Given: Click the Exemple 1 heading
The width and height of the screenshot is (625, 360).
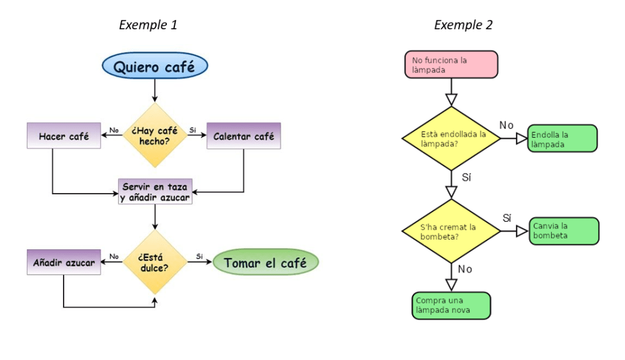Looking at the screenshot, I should (148, 25).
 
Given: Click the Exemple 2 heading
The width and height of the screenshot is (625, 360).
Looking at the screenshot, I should (463, 25).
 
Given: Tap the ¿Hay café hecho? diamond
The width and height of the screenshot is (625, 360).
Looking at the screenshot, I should (155, 136).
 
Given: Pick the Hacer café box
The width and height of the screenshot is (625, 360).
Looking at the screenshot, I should (64, 136).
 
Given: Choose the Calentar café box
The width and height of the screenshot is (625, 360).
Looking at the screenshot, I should (243, 136).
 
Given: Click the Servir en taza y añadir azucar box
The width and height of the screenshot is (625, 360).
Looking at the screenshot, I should (155, 191).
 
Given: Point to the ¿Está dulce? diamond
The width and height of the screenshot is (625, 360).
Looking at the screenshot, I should (155, 263).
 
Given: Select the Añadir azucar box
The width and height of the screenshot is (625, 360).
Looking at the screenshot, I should (64, 263).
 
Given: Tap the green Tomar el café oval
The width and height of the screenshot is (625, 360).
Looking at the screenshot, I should (266, 263).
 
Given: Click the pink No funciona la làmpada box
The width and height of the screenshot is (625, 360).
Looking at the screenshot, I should (451, 64).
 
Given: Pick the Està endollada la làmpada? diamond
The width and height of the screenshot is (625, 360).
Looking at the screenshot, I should (451, 138).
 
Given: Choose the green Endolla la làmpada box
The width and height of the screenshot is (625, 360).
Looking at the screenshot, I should (562, 138).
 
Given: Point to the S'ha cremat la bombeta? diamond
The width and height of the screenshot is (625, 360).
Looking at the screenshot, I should (451, 230).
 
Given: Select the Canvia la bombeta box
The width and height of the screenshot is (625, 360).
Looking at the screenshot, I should (564, 230).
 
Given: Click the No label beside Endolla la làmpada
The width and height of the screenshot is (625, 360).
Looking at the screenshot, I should (506, 125).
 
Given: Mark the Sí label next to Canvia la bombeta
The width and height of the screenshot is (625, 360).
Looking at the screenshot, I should (507, 218).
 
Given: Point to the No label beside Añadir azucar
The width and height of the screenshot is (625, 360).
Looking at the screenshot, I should (114, 256).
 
